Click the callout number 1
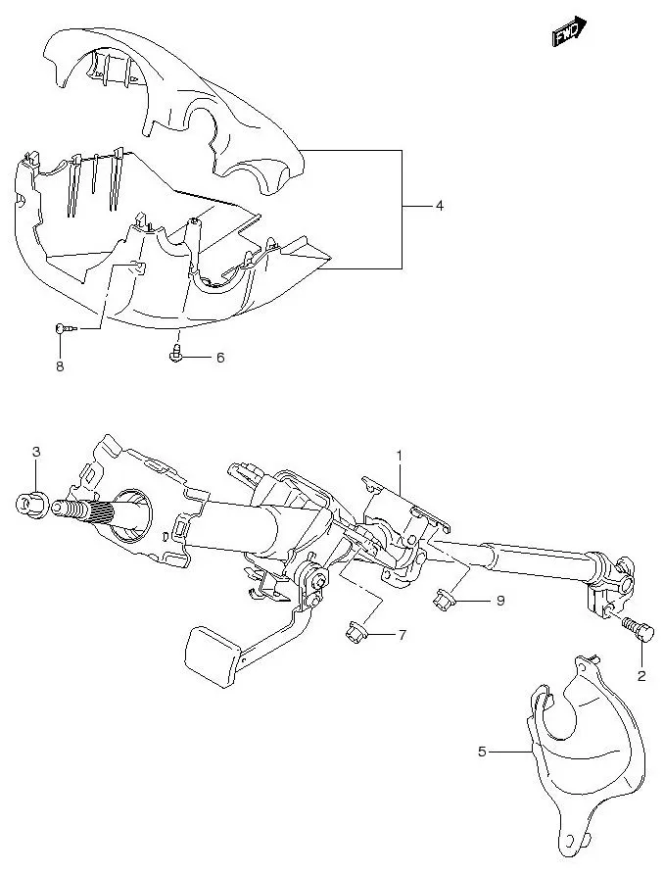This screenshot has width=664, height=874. coord(400,456)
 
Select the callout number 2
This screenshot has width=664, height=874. coord(641,675)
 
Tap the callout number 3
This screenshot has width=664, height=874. coord(36,452)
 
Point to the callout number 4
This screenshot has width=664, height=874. coord(440,206)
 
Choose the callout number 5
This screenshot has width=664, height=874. coord(482,753)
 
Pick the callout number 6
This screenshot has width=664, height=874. coord(220,358)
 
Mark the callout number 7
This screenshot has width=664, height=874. coord(401,635)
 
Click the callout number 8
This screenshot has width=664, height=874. coord(59,367)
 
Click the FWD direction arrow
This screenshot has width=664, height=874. coord(568,33)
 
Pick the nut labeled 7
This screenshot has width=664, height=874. coord(355,632)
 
